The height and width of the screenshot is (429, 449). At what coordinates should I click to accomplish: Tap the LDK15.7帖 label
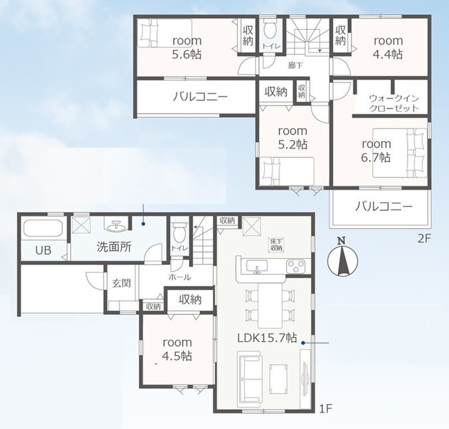(x=267, y=338)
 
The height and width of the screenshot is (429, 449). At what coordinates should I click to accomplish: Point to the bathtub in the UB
(x=43, y=228)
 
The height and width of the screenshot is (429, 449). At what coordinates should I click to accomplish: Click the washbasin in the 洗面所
(x=117, y=226)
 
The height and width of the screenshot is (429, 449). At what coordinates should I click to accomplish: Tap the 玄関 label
(x=122, y=283)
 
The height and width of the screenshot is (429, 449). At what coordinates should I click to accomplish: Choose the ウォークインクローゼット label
(x=394, y=103)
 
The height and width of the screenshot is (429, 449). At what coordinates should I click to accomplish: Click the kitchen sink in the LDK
(x=257, y=266)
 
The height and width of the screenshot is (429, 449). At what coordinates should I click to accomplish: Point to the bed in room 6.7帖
(x=400, y=152)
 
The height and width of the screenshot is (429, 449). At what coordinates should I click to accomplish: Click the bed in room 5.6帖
(x=164, y=33)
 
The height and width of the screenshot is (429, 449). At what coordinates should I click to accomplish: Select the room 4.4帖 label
(x=388, y=47)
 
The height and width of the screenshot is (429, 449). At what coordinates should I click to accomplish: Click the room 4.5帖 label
(x=177, y=349)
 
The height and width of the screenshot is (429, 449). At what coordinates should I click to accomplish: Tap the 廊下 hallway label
(x=295, y=65)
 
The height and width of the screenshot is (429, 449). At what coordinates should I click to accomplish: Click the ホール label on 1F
(x=179, y=277)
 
